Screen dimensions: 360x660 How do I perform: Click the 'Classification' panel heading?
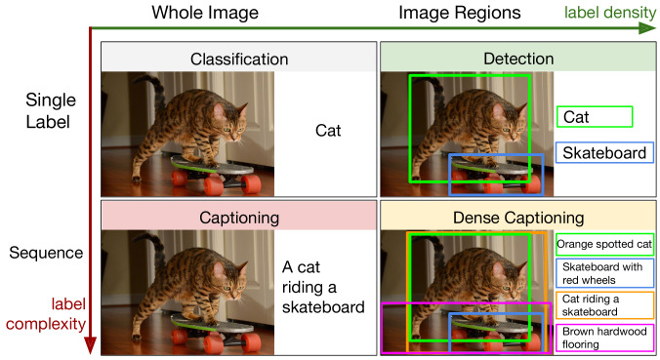pyautogui.click(x=237, y=58)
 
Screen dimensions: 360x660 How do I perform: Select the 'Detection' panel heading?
pyautogui.click(x=517, y=58)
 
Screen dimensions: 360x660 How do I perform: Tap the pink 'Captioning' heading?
pyautogui.click(x=237, y=217)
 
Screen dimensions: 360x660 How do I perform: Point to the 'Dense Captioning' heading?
pyautogui.click(x=517, y=217)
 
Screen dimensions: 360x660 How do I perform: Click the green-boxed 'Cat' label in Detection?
pyautogui.click(x=596, y=117)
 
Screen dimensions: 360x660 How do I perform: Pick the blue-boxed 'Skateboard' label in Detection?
pyautogui.click(x=604, y=153)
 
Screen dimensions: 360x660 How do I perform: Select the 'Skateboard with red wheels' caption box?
pyautogui.click(x=605, y=274)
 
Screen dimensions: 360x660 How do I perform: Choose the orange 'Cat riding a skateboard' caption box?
pyautogui.click(x=605, y=305)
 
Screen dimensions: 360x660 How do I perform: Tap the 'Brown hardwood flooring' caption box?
pyautogui.click(x=605, y=337)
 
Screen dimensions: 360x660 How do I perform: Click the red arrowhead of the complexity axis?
pyautogui.click(x=91, y=345)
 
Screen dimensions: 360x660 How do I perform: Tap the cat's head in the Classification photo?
pyautogui.click(x=231, y=122)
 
